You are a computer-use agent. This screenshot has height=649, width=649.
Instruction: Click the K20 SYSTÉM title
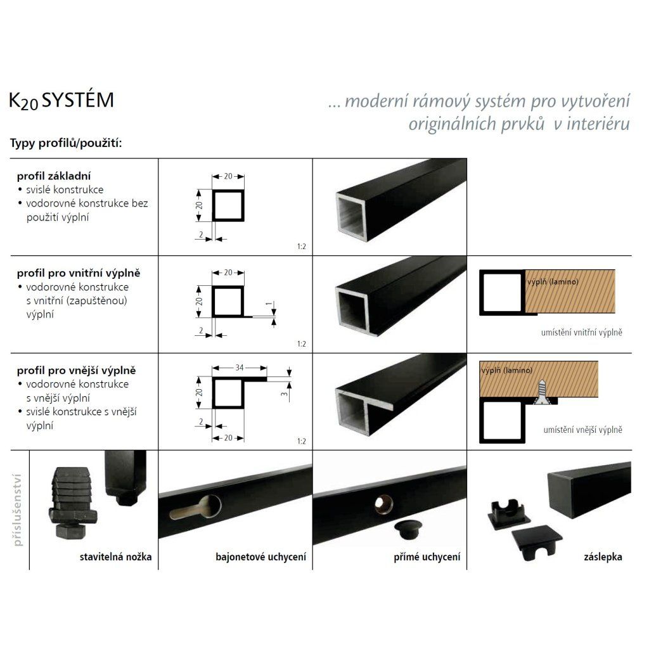pos(61,101)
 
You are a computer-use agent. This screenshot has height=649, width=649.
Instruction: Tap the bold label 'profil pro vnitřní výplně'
pos(78,274)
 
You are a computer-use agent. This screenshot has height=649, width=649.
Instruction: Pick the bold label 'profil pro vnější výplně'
pos(76,370)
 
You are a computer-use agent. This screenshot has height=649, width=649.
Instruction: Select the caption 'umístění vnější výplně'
pos(582,430)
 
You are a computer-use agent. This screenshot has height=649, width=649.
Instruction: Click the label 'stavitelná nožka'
pos(116,558)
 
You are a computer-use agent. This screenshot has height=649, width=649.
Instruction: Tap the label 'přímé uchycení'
pos(427,558)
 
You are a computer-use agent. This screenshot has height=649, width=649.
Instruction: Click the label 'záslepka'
pos(603,558)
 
